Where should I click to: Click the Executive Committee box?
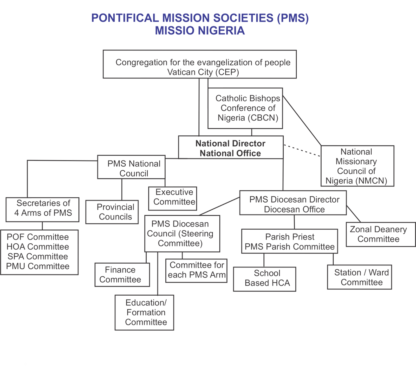pos(173,198)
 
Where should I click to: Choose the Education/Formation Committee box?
pos(145,312)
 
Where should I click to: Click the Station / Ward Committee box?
pos(360,277)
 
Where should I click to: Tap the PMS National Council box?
pos(131,168)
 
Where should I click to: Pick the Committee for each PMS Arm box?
pos(197,270)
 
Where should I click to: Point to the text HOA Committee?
pos(38,247)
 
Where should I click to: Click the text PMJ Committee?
pos(38,267)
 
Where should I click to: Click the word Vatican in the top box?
pos(182,73)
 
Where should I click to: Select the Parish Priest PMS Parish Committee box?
pos(290,242)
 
